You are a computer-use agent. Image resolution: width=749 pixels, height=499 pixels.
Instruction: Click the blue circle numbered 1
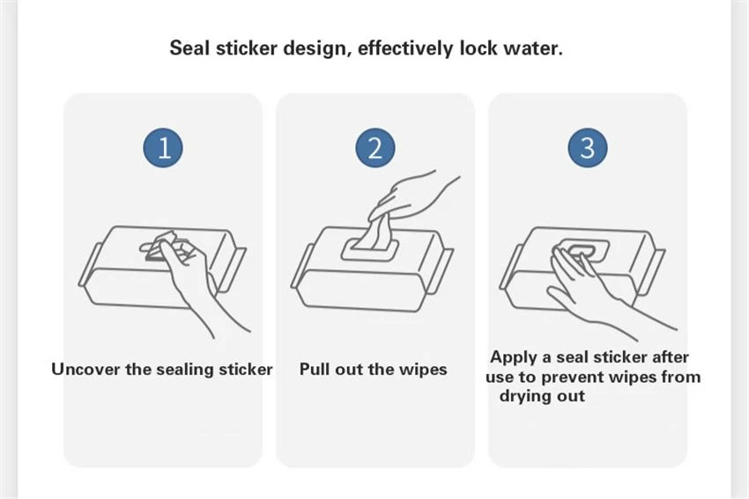(163, 147)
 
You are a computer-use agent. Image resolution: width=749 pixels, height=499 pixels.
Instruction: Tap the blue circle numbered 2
(375, 147)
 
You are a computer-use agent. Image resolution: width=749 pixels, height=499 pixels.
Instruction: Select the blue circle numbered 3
(588, 147)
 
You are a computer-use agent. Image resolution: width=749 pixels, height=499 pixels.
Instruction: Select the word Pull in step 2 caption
(314, 370)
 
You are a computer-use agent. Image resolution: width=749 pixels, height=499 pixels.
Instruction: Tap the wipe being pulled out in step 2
(375, 234)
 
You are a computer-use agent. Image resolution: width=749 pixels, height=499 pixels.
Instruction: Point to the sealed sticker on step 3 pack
(582, 250)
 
